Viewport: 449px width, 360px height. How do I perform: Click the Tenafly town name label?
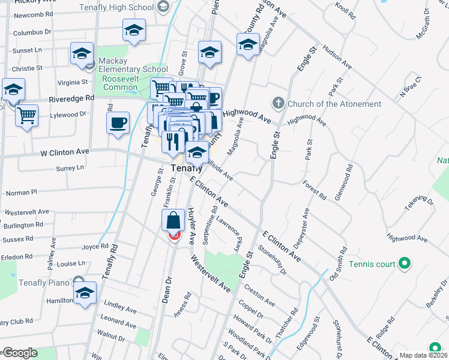[x=184, y=169]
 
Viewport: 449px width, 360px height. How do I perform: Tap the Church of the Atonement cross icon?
[x=278, y=103]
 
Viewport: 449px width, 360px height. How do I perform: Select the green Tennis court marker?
[x=405, y=263]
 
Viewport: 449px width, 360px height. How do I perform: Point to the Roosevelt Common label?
[x=119, y=83]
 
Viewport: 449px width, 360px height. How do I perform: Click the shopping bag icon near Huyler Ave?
[x=173, y=221]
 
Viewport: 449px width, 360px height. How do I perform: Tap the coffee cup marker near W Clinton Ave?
[x=118, y=123]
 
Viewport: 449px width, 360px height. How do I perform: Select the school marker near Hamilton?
[x=85, y=293]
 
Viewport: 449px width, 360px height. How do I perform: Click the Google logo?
[x=19, y=353]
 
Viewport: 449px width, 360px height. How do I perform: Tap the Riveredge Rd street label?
[x=72, y=98]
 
